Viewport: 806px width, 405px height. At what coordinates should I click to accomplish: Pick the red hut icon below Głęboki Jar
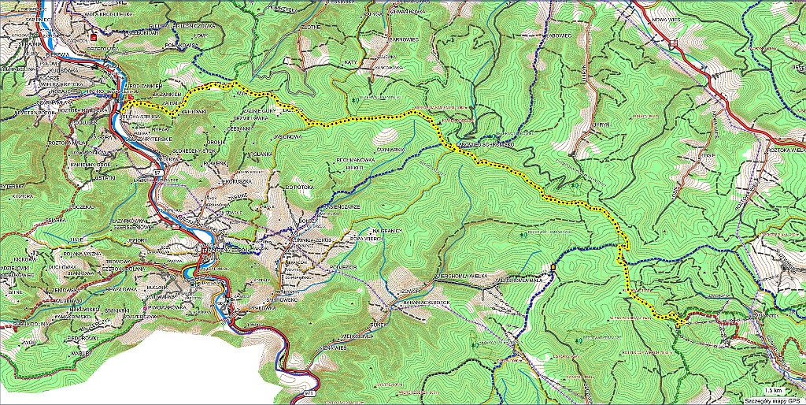94,36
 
